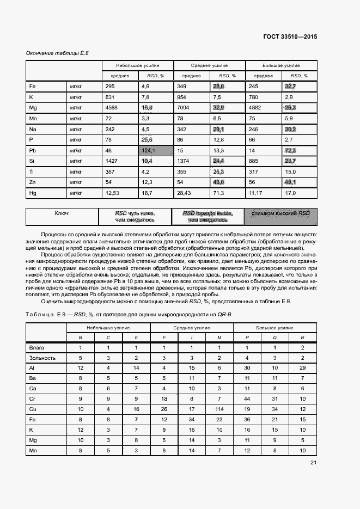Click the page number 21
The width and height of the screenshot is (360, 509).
313,463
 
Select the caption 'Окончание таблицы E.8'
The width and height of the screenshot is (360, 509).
57,53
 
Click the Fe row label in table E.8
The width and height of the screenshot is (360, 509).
32,87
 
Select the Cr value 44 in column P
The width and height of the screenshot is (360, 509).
247,399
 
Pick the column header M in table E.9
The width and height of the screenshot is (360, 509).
219,338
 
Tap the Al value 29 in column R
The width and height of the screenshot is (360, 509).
302,368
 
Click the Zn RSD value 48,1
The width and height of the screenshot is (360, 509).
289,182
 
